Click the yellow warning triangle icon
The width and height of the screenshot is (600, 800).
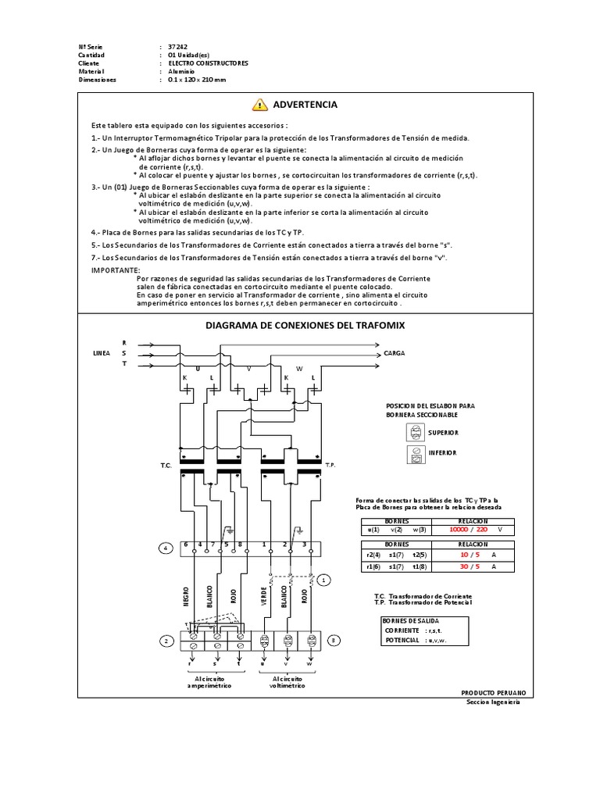260,105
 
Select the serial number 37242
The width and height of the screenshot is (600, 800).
178,48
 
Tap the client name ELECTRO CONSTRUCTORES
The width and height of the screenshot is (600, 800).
208,63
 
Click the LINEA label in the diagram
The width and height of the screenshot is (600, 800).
102,353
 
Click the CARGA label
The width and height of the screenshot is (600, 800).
393,353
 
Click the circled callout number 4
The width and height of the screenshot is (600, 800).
165,548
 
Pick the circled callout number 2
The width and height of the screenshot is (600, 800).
166,641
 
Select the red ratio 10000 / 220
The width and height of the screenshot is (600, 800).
466,529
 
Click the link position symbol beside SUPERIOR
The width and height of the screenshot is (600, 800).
416,432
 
